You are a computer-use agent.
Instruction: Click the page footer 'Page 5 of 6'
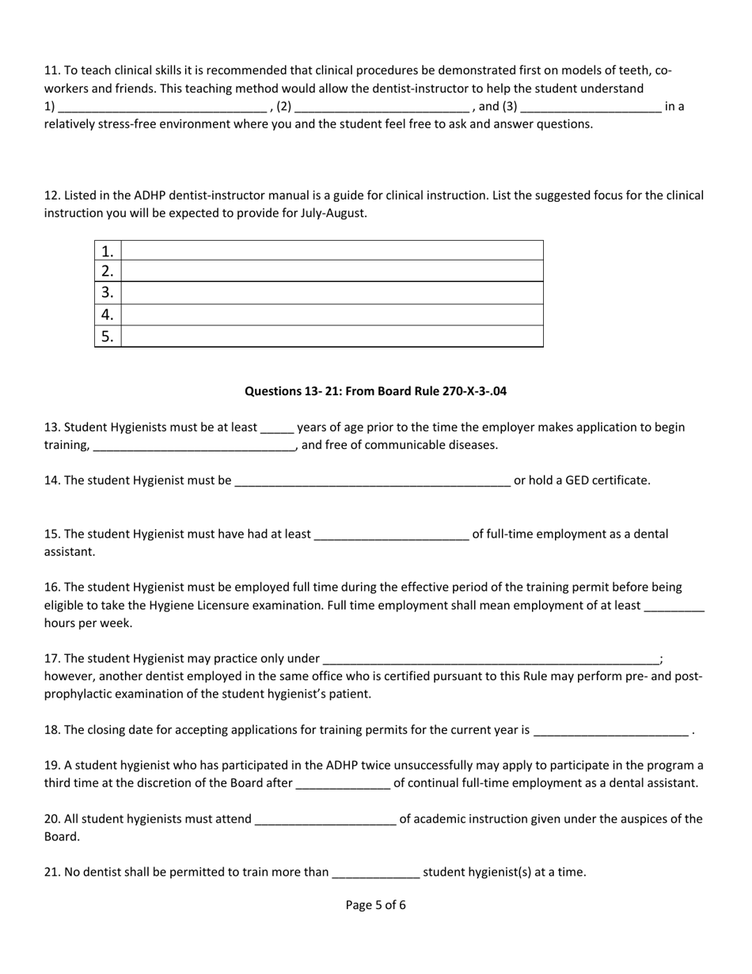pyautogui.click(x=375, y=905)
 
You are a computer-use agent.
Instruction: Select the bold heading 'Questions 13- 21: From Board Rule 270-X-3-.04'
pyautogui.click(x=375, y=391)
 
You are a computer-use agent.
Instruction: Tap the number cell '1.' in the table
pyautogui.click(x=108, y=251)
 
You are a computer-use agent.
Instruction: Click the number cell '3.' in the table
pyautogui.click(x=108, y=293)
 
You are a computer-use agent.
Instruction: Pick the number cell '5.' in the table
pyautogui.click(x=108, y=337)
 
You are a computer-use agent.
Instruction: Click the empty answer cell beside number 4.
pyautogui.click(x=332, y=315)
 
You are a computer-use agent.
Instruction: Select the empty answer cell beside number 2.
pyautogui.click(x=332, y=272)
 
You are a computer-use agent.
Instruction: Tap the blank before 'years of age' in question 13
pyautogui.click(x=277, y=428)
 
